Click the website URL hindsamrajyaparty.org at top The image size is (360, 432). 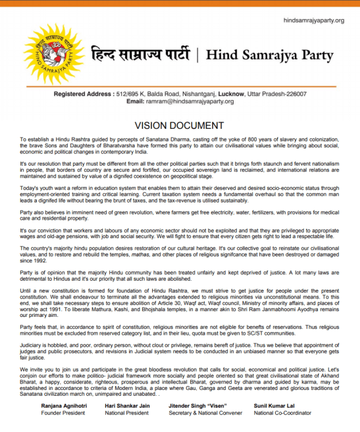click(313, 20)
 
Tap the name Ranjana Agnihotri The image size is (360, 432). click(64, 406)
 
